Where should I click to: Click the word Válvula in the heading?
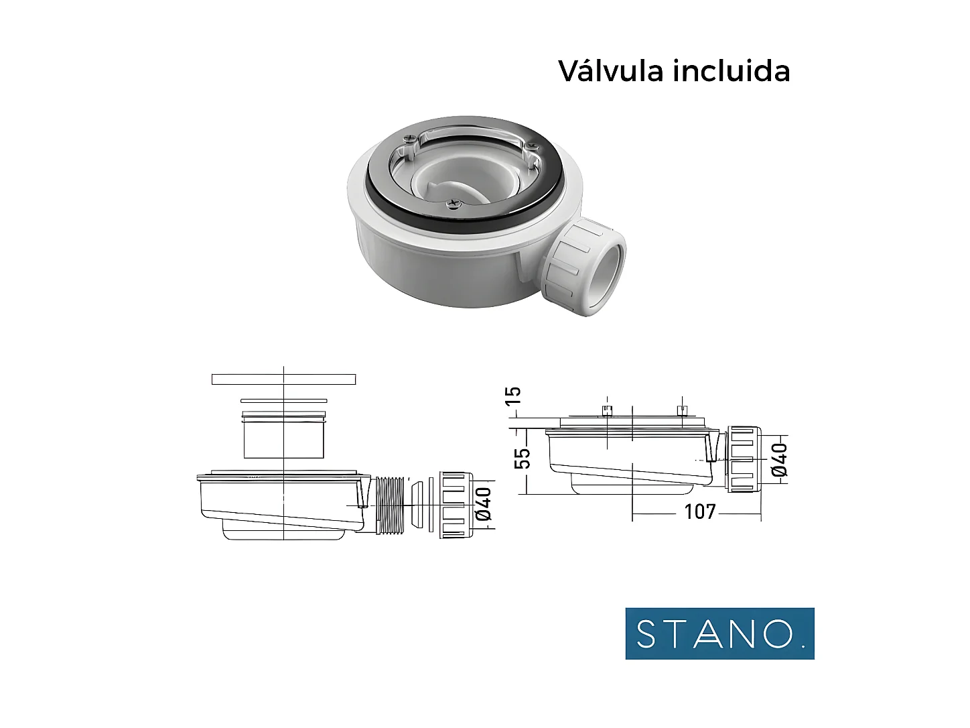[612, 71]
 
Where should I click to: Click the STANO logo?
[719, 633]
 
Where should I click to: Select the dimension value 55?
[523, 458]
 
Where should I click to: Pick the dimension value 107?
[699, 512]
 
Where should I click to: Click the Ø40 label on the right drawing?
[779, 459]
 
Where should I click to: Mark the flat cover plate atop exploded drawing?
[283, 379]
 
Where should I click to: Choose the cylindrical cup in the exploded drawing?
[284, 437]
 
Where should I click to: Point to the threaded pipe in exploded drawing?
[391, 505]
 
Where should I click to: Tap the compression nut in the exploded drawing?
[456, 505]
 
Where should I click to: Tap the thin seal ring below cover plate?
[283, 401]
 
